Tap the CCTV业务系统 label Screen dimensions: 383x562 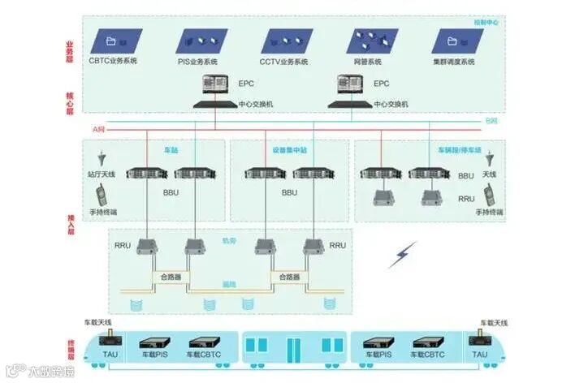pos(286,61)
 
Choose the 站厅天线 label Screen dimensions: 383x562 pos(102,174)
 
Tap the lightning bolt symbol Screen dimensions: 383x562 pos(402,254)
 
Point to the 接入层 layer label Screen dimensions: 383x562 pos(69,219)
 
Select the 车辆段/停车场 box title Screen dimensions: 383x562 pos(460,150)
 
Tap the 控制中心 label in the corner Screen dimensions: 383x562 pos(486,23)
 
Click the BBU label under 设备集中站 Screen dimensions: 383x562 pos(289,193)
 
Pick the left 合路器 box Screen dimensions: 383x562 pos(171,277)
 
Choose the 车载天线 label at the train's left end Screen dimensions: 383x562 pos(97,322)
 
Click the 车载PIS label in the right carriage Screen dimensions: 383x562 pos(378,355)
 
